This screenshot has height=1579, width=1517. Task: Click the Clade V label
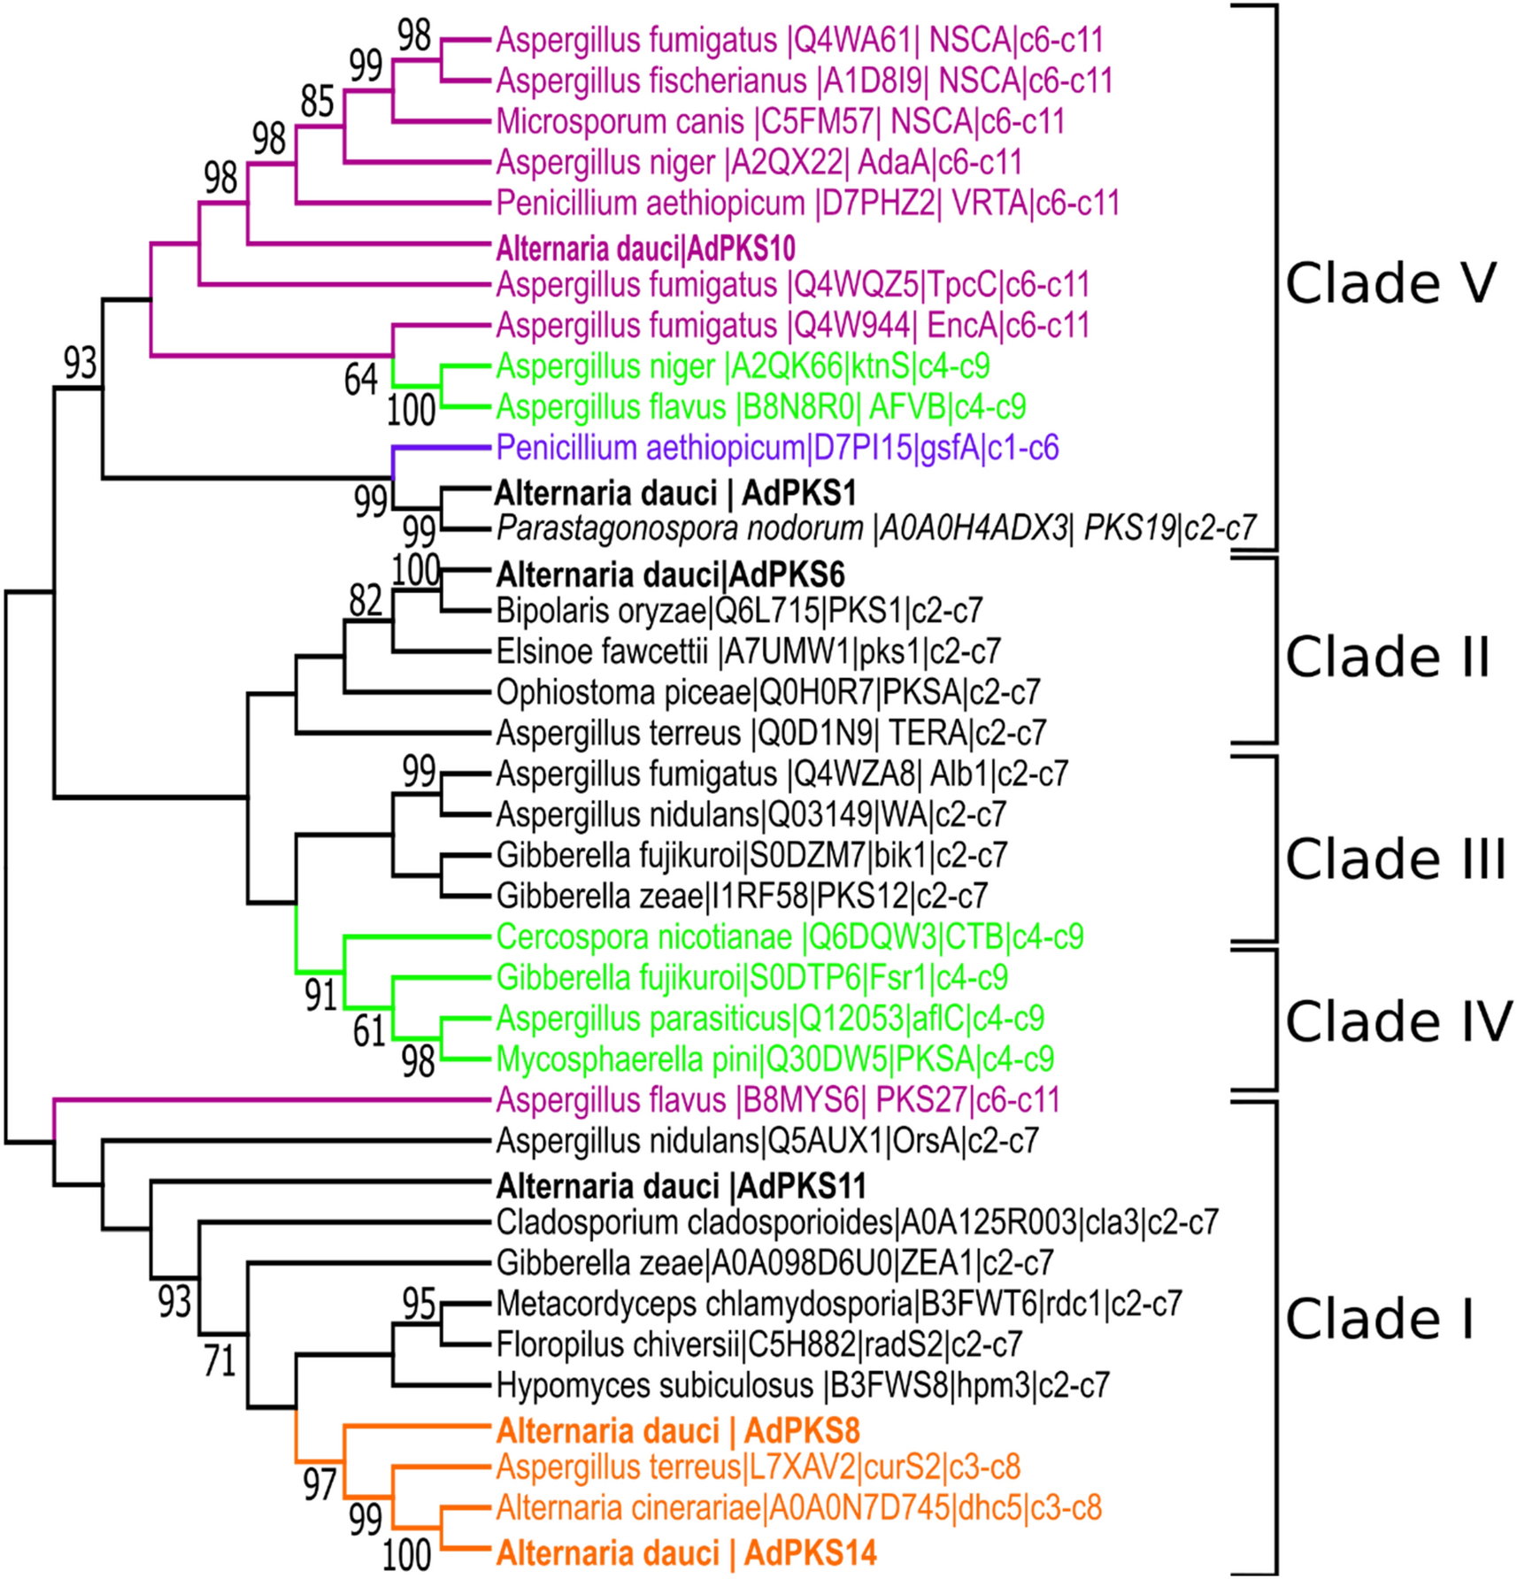tap(1390, 283)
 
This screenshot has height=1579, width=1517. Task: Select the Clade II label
tap(1387, 657)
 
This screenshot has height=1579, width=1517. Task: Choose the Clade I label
tap(1379, 1319)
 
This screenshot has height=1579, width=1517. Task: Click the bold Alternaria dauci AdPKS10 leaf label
tap(645, 249)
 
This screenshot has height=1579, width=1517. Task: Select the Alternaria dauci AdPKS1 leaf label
tap(675, 493)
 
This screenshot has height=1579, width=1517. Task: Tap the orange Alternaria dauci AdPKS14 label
tap(686, 1553)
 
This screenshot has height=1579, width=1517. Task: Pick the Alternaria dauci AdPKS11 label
tap(681, 1186)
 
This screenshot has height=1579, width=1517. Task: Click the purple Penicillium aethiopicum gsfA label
tap(777, 448)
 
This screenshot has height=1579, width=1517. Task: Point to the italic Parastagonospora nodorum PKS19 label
tap(875, 528)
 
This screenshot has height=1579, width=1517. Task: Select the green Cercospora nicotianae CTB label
tap(789, 936)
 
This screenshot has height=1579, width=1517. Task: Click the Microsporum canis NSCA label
tap(780, 121)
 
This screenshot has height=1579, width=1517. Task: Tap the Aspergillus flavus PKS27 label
tap(777, 1100)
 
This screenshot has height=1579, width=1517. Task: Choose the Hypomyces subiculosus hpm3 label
tap(802, 1385)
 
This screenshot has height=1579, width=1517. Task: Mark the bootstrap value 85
tap(317, 102)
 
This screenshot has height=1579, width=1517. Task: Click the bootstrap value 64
tap(361, 380)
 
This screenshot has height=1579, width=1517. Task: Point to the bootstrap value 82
tap(366, 601)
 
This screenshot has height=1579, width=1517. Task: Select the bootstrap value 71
tap(219, 1360)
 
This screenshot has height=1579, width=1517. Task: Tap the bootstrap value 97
tap(320, 1484)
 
